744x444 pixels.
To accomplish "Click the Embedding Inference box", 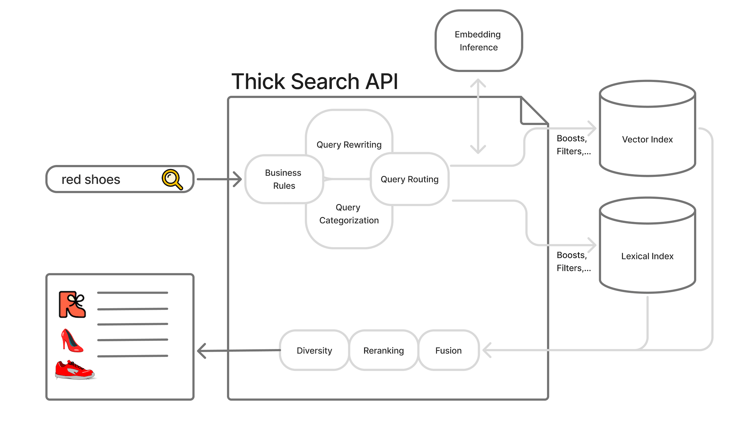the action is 479,41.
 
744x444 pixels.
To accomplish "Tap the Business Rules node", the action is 284,179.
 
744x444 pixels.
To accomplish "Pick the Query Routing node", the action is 410,179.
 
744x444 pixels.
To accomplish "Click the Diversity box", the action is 314,350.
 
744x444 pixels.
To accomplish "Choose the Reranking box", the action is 384,350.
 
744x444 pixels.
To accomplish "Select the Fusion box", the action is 449,350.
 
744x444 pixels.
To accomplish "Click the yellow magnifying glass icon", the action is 172,179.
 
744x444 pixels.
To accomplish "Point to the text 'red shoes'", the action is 91,180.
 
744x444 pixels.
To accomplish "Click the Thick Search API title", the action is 315,81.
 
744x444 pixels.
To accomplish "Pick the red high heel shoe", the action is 72,340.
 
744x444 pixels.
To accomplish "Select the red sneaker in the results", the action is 75,370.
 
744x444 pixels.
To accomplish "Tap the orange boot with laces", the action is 72,305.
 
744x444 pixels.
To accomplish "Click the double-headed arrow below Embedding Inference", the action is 478,116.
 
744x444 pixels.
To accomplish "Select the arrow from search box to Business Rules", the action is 219,179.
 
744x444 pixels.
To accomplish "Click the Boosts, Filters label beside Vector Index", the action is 574,145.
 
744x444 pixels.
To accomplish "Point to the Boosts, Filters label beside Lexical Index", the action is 574,262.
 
